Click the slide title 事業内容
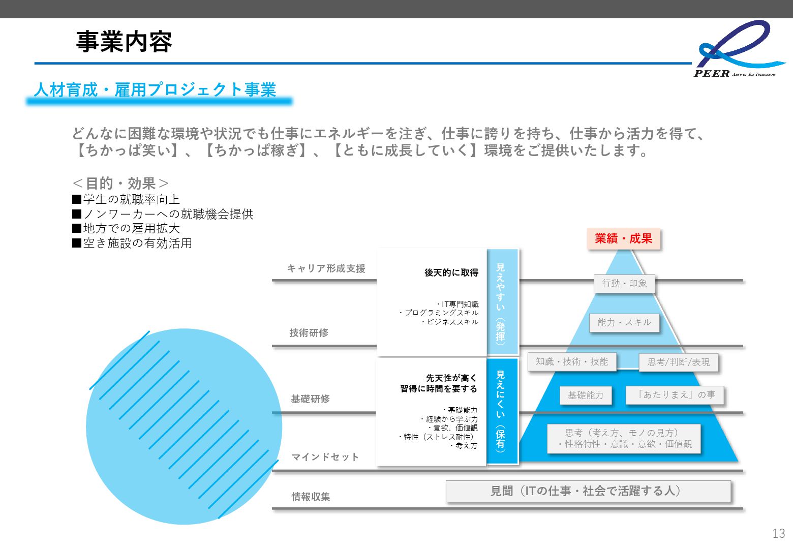tap(124, 42)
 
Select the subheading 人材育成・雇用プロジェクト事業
tap(155, 90)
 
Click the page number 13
tap(778, 533)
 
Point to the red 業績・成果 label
tap(623, 238)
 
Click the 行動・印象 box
tap(624, 284)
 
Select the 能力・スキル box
tap(624, 323)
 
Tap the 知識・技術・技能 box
tap(572, 361)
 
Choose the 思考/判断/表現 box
tap(678, 362)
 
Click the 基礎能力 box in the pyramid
tap(586, 395)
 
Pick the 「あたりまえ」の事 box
tap(674, 394)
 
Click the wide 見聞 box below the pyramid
tap(588, 491)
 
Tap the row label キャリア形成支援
tap(326, 268)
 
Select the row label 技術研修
tap(309, 332)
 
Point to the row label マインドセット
tap(325, 457)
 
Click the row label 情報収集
tap(311, 497)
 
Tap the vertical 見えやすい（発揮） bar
tap(502, 302)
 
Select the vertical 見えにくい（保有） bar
tap(502, 411)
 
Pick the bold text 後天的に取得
tap(451, 273)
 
